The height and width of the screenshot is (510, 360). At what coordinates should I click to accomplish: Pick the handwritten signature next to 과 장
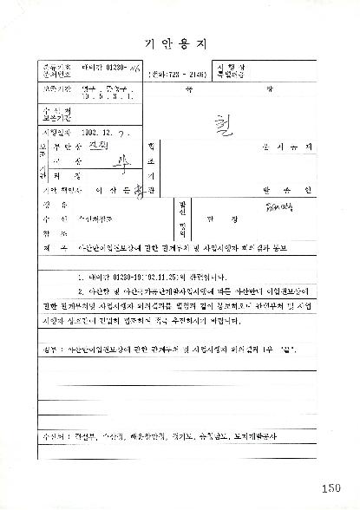pyautogui.click(x=110, y=160)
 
